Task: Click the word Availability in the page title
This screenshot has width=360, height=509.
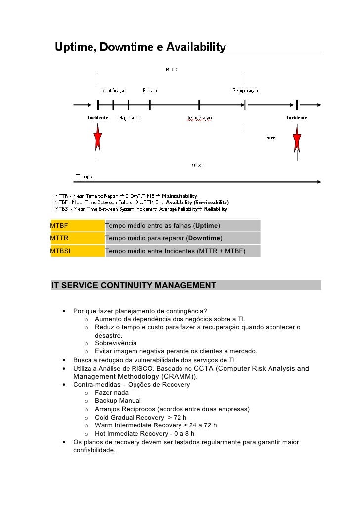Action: click(x=196, y=47)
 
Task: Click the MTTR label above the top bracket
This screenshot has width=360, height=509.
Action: click(x=171, y=69)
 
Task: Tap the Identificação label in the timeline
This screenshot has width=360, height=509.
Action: click(x=114, y=90)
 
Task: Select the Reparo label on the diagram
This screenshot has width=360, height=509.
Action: click(x=150, y=90)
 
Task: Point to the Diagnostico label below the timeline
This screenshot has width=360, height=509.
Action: click(x=129, y=118)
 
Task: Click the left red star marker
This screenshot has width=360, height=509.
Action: click(x=98, y=138)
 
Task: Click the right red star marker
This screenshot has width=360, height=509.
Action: click(x=297, y=139)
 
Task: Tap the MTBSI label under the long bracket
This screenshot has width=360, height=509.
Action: click(x=197, y=165)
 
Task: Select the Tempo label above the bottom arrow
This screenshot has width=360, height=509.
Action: click(x=84, y=176)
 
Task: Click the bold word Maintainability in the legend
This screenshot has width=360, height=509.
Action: click(x=180, y=196)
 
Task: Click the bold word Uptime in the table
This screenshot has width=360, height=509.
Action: click(x=207, y=226)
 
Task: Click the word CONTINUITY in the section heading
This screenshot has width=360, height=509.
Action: click(x=126, y=285)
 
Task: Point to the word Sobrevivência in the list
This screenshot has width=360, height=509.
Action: click(x=116, y=343)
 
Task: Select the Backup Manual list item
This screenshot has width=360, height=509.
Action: click(x=118, y=400)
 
